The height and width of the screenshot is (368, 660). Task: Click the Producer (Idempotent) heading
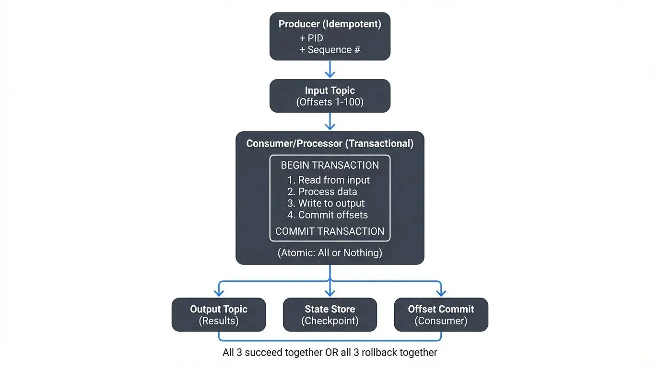tap(330, 24)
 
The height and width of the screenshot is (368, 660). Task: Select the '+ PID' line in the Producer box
tap(311, 38)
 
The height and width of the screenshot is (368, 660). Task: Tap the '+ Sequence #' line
tap(330, 49)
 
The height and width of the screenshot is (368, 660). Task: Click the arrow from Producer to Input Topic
tap(330, 69)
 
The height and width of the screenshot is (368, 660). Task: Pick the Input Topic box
tap(330, 96)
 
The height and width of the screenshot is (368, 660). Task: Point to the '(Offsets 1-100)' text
tap(330, 102)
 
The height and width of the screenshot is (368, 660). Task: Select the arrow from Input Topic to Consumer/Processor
tap(330, 122)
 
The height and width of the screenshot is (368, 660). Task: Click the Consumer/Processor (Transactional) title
tap(330, 143)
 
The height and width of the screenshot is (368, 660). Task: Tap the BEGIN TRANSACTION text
tap(330, 165)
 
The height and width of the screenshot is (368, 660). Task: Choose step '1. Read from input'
tap(329, 180)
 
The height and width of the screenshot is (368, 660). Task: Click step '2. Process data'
tap(322, 192)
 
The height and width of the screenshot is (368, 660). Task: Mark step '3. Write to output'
tap(326, 203)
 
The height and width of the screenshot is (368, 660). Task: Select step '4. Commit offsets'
tap(328, 215)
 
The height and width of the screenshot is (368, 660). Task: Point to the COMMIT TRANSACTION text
tap(330, 231)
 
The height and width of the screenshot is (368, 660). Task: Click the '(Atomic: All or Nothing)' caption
tap(330, 253)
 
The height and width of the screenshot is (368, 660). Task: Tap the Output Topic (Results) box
tap(219, 315)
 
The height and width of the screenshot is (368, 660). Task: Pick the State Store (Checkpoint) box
tap(330, 315)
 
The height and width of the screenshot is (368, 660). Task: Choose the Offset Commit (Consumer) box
tap(441, 315)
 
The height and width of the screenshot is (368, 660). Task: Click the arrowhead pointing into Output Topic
tap(219, 293)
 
